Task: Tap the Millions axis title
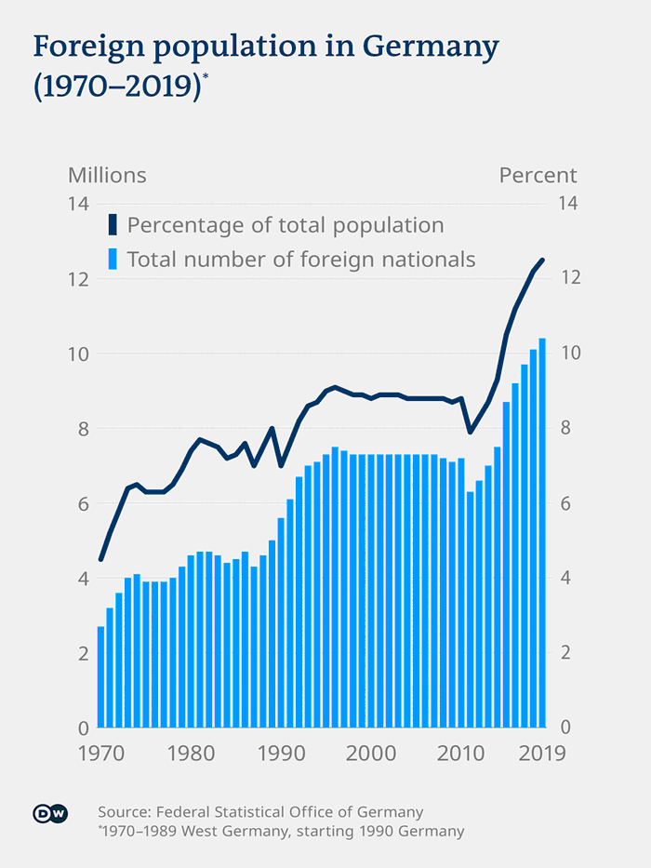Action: pyautogui.click(x=107, y=175)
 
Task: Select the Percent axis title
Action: pyautogui.click(x=538, y=175)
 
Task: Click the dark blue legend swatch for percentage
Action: pyautogui.click(x=113, y=225)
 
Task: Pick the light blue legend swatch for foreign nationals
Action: pyautogui.click(x=113, y=259)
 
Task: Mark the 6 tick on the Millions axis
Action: pyautogui.click(x=81, y=503)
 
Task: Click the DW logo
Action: pyautogui.click(x=50, y=813)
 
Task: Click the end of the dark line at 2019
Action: pyautogui.click(x=542, y=260)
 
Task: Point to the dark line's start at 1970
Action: pyautogui.click(x=100, y=559)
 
